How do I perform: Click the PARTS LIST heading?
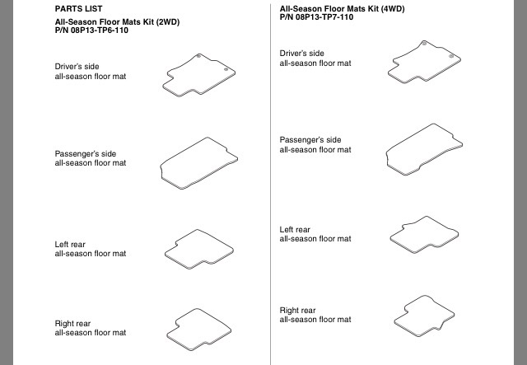(79, 9)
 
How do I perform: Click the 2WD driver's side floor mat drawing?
(199, 75)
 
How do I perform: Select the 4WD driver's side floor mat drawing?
(424, 62)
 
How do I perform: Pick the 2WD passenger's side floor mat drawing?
(199, 163)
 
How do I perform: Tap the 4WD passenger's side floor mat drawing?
(424, 150)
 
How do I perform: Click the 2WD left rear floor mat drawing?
(199, 250)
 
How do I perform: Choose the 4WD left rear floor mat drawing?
(424, 235)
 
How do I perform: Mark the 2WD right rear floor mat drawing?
(199, 330)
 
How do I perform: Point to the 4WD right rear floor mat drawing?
(424, 316)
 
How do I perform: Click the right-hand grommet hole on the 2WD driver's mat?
(226, 70)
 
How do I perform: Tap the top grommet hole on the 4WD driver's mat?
(424, 44)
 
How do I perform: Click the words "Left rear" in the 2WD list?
(70, 245)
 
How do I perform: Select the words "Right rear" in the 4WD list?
(298, 311)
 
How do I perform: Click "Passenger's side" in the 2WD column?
(86, 154)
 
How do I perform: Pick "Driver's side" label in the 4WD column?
(302, 54)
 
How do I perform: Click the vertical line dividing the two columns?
(271, 185)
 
